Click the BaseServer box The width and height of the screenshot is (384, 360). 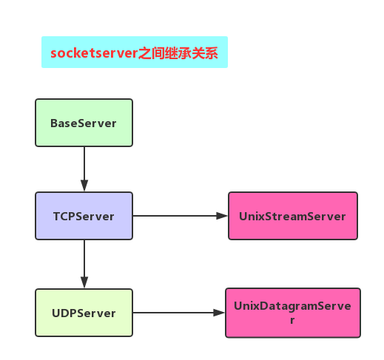pyautogui.click(x=84, y=123)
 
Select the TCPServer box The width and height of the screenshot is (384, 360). pyautogui.click(x=84, y=216)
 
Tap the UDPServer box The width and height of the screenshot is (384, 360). pyautogui.click(x=84, y=313)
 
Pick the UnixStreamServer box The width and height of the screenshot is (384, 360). pyautogui.click(x=293, y=216)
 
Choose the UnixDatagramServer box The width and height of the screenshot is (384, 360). pyautogui.click(x=293, y=313)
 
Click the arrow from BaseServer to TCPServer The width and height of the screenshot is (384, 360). pyautogui.click(x=84, y=169)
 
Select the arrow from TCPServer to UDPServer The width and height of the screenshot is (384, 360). pyautogui.click(x=84, y=264)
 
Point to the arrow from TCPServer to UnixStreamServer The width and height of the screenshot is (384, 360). pyautogui.click(x=181, y=216)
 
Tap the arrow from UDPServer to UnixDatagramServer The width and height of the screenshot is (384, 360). pyautogui.click(x=179, y=313)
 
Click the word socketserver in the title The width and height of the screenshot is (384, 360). pyautogui.click(x=94, y=53)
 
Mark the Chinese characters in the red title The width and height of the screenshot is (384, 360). pyautogui.click(x=178, y=53)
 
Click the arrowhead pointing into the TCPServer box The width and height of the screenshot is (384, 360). pyautogui.click(x=84, y=186)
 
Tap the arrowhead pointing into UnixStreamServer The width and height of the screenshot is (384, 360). pyautogui.click(x=222, y=216)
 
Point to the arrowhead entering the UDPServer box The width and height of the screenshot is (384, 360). pyautogui.click(x=84, y=282)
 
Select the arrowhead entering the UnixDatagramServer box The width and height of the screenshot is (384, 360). pyautogui.click(x=219, y=313)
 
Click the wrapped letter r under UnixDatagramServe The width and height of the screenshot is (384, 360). pyautogui.click(x=292, y=320)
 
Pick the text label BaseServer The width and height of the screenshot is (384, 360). pyautogui.click(x=84, y=123)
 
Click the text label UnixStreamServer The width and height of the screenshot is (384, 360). pyautogui.click(x=292, y=217)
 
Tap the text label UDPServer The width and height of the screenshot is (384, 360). pyautogui.click(x=84, y=313)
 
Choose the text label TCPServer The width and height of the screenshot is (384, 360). pyautogui.click(x=84, y=217)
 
